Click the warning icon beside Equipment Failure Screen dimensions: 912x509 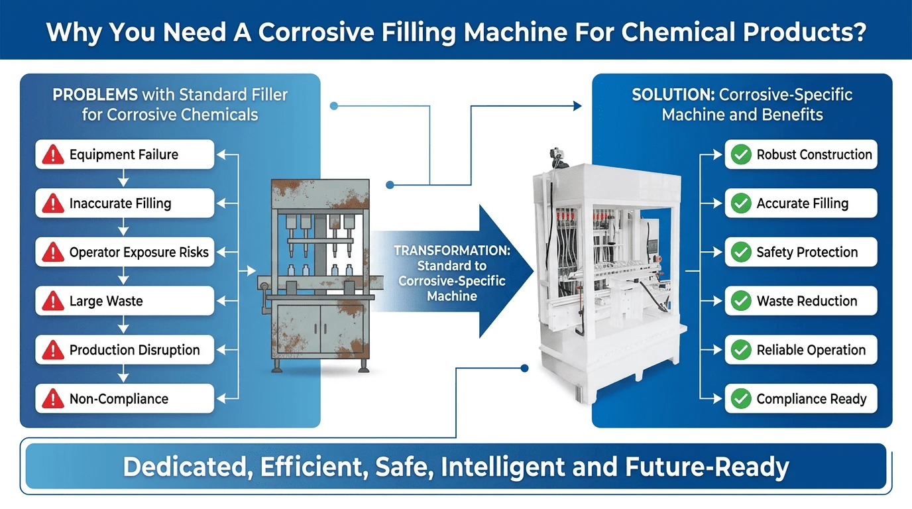(x=53, y=154)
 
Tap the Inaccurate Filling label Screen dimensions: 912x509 (x=120, y=203)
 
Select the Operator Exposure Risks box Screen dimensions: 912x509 (x=125, y=252)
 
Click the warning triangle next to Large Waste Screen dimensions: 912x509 (x=53, y=301)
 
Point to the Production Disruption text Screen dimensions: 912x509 (x=135, y=350)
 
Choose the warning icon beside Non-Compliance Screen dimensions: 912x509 (x=53, y=398)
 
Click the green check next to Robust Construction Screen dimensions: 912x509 (x=741, y=154)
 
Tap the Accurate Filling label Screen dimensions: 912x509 (x=802, y=203)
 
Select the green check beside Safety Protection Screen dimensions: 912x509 (x=741, y=252)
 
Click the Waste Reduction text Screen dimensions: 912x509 (x=807, y=301)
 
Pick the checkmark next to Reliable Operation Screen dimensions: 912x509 (x=741, y=350)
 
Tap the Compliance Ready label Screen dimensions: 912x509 (x=811, y=398)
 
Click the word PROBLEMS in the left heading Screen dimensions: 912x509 (x=95, y=95)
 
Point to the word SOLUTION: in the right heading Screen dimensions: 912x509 (x=673, y=95)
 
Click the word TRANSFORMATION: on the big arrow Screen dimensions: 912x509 (x=452, y=251)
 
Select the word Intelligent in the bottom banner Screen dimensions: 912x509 (x=503, y=467)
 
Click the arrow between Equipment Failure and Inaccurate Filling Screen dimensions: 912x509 (x=123, y=178)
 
